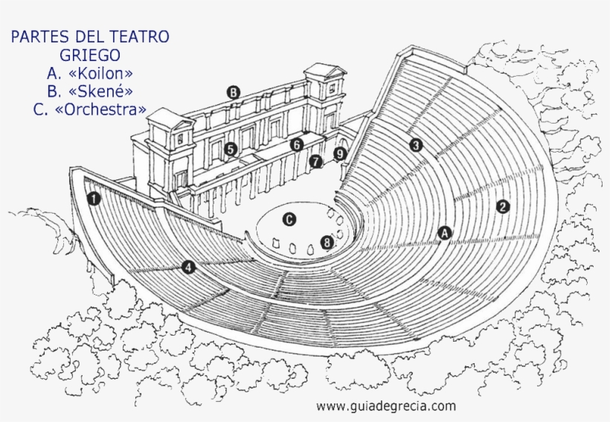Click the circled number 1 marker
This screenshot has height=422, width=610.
pyautogui.click(x=93, y=199)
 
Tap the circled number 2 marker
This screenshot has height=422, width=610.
pyautogui.click(x=503, y=206)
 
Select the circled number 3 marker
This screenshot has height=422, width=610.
pyautogui.click(x=416, y=145)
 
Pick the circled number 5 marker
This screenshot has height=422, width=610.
pyautogui.click(x=231, y=149)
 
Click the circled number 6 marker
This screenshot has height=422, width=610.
pyautogui.click(x=297, y=144)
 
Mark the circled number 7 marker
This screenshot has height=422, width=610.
pyautogui.click(x=316, y=161)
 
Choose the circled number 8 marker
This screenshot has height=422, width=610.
pyautogui.click(x=326, y=242)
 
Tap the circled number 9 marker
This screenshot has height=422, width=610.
pyautogui.click(x=340, y=154)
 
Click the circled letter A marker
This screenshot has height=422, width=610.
pyautogui.click(x=445, y=233)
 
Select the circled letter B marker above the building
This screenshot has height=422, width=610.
pyautogui.click(x=234, y=93)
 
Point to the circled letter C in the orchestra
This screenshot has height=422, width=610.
pyautogui.click(x=289, y=219)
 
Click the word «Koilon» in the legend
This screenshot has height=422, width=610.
pyautogui.click(x=101, y=73)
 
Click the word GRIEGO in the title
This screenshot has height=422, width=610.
pyautogui.click(x=89, y=54)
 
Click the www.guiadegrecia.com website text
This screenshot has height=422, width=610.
pyautogui.click(x=385, y=406)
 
